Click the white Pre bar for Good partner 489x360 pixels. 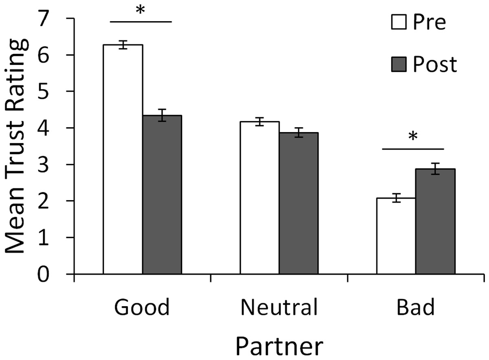pyautogui.click(x=123, y=159)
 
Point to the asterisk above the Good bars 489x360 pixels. pyautogui.click(x=141, y=11)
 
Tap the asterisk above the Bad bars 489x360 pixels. pyautogui.click(x=413, y=137)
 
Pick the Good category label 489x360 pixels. pyautogui.click(x=142, y=308)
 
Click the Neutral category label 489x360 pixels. pyautogui.click(x=279, y=308)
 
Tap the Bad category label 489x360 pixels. pyautogui.click(x=416, y=308)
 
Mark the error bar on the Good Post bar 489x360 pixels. pyautogui.click(x=162, y=115)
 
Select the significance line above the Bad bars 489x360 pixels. pyautogui.click(x=412, y=149)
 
